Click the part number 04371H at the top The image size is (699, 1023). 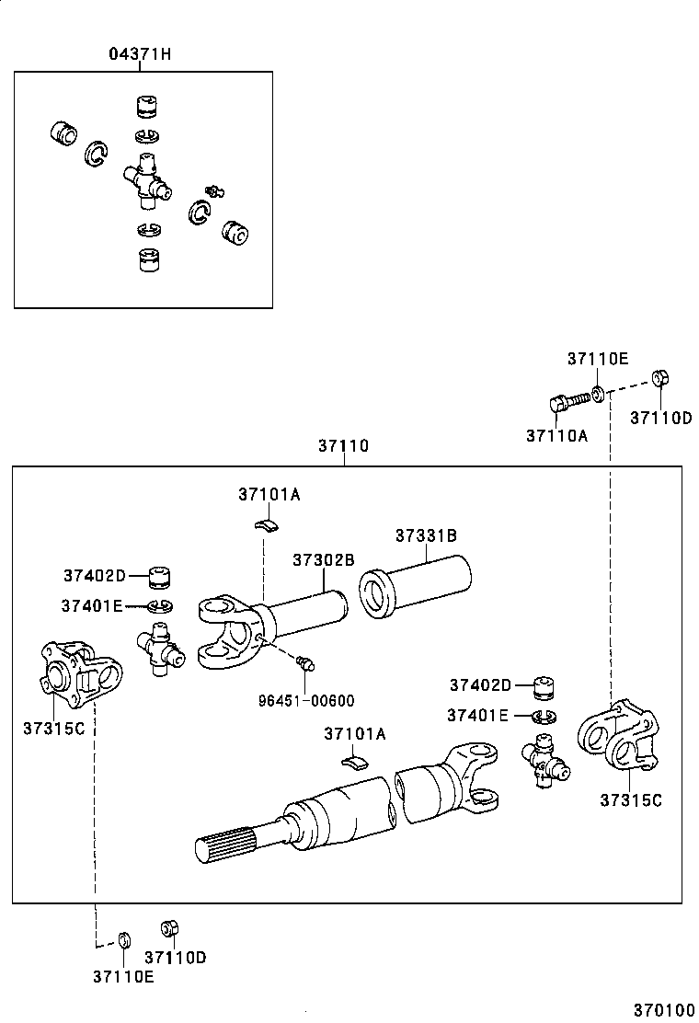(141, 54)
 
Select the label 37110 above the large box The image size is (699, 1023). (343, 446)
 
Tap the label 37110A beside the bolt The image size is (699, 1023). (556, 435)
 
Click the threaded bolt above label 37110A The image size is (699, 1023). (570, 401)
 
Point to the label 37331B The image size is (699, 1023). (426, 535)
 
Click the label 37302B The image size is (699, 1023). (324, 559)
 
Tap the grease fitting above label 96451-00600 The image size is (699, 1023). (307, 661)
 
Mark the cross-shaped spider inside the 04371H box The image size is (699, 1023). (148, 178)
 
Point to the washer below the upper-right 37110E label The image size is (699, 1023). (598, 396)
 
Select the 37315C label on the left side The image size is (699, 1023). (53, 728)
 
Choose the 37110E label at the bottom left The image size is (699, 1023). (123, 976)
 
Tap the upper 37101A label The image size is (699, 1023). (269, 494)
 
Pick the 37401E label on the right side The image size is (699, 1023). (478, 715)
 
